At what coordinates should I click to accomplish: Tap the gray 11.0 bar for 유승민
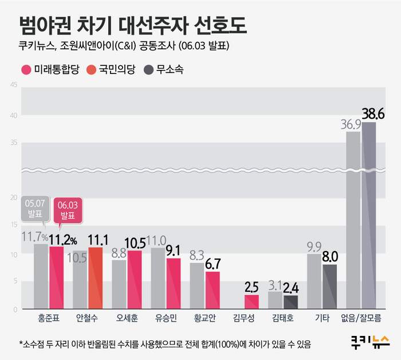[158, 279]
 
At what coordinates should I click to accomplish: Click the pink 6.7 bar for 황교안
[213, 290]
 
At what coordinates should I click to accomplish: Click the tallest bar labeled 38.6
[369, 215]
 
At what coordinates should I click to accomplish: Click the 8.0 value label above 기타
[331, 256]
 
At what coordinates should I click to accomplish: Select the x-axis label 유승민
[166, 318]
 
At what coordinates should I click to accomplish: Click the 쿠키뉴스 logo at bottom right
[369, 342]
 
